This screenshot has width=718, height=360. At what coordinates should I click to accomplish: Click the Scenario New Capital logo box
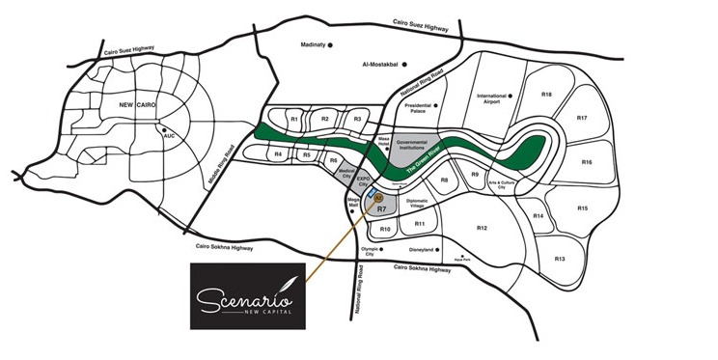(x=245, y=294)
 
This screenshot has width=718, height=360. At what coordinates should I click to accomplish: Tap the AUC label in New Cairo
(x=169, y=136)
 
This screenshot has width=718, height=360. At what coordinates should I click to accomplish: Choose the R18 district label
(x=546, y=95)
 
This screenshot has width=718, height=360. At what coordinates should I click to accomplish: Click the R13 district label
(x=560, y=260)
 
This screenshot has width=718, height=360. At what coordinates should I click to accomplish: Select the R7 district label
(x=381, y=208)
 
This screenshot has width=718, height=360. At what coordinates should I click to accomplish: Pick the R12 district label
(x=482, y=228)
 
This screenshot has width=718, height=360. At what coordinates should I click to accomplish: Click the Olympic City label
(x=367, y=252)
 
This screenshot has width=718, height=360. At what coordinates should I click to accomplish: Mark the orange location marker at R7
(x=378, y=196)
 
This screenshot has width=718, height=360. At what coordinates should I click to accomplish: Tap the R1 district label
(x=293, y=120)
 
